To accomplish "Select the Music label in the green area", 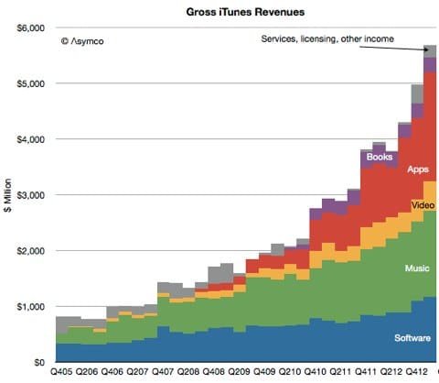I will pos(415,268).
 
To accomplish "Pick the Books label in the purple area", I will pos(379,157).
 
